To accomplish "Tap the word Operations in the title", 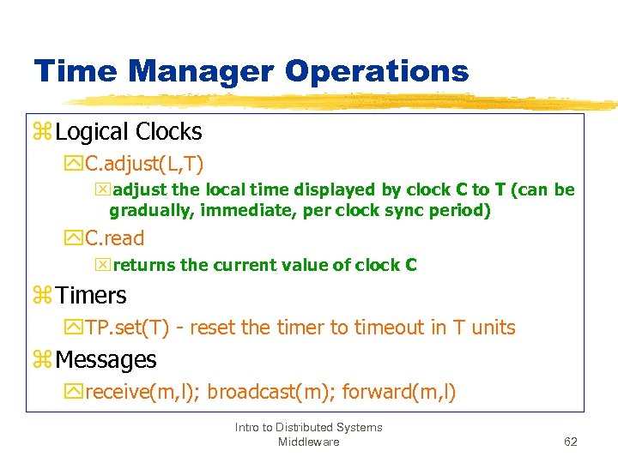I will [x=377, y=71].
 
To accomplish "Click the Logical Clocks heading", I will [x=129, y=132].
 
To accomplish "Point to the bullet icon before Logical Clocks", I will [x=43, y=133].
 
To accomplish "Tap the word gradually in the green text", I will [x=150, y=210].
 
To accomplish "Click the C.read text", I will [x=115, y=238].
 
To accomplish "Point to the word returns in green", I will [x=143, y=265].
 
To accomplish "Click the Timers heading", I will [x=91, y=296].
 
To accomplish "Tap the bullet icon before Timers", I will [x=43, y=297].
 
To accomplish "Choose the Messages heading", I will [x=106, y=360].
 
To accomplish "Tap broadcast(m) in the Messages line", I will [x=270, y=393].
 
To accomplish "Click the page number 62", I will [x=571, y=442].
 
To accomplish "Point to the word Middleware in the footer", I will [x=308, y=442].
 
